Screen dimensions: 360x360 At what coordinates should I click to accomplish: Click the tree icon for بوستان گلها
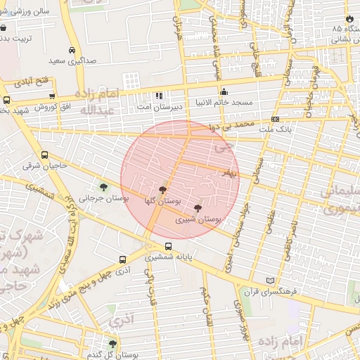163,190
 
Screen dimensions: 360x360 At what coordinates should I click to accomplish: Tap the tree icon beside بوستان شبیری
197,208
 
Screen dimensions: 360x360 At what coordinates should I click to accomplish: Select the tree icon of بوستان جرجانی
104,187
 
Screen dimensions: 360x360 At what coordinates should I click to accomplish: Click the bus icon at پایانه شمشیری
168,246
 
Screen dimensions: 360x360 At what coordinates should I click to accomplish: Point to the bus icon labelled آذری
124,259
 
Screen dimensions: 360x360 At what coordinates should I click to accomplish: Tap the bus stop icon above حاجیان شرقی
45,155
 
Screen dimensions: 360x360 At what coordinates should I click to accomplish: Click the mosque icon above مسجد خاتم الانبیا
224,91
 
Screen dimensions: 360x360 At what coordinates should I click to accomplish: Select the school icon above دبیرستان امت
159,96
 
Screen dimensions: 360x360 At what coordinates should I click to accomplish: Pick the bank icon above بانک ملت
275,119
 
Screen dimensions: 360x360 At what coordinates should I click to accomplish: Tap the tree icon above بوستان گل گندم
112,343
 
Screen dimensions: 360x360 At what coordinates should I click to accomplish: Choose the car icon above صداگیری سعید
72,51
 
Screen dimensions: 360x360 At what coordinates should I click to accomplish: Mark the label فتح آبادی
38,81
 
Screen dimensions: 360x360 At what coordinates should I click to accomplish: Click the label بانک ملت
276,129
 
